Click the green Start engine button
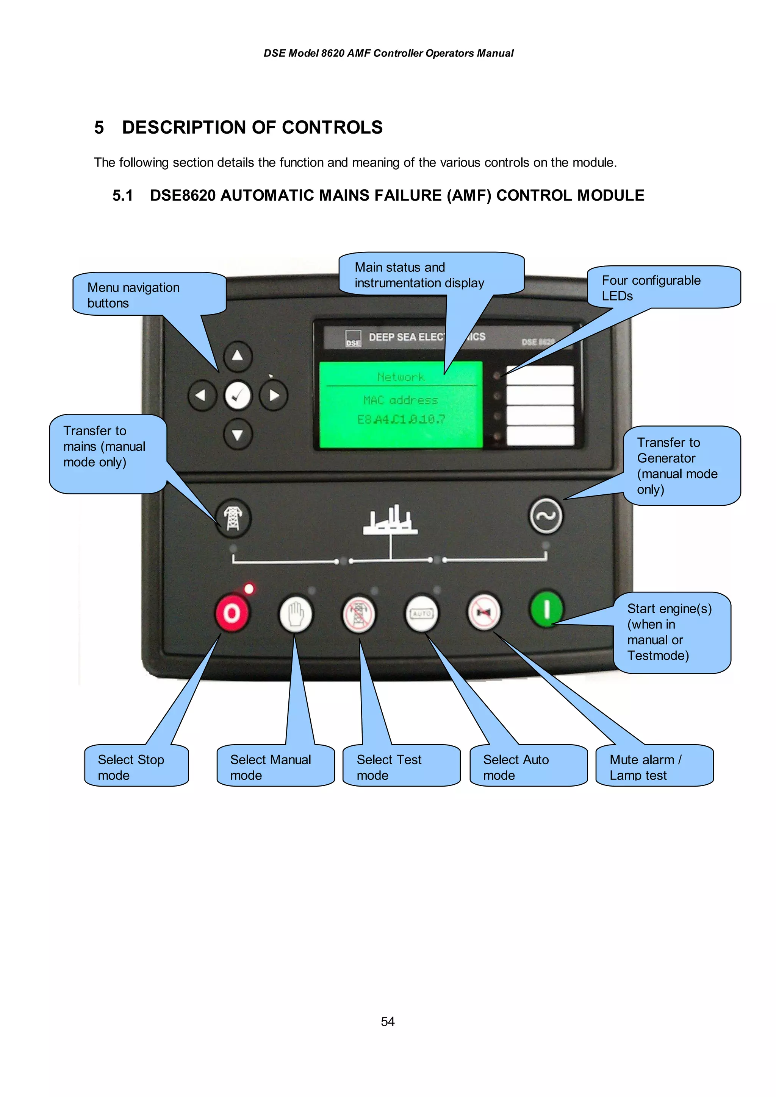pyautogui.click(x=546, y=609)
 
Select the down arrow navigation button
pyautogui.click(x=237, y=434)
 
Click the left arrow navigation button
pyautogui.click(x=202, y=396)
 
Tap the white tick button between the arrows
pyautogui.click(x=238, y=396)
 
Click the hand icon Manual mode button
pyautogui.click(x=296, y=612)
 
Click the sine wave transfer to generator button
pyautogui.click(x=546, y=516)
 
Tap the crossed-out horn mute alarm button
pyautogui.click(x=484, y=612)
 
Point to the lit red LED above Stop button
pyautogui.click(x=249, y=589)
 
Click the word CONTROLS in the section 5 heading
pyautogui.click(x=332, y=128)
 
